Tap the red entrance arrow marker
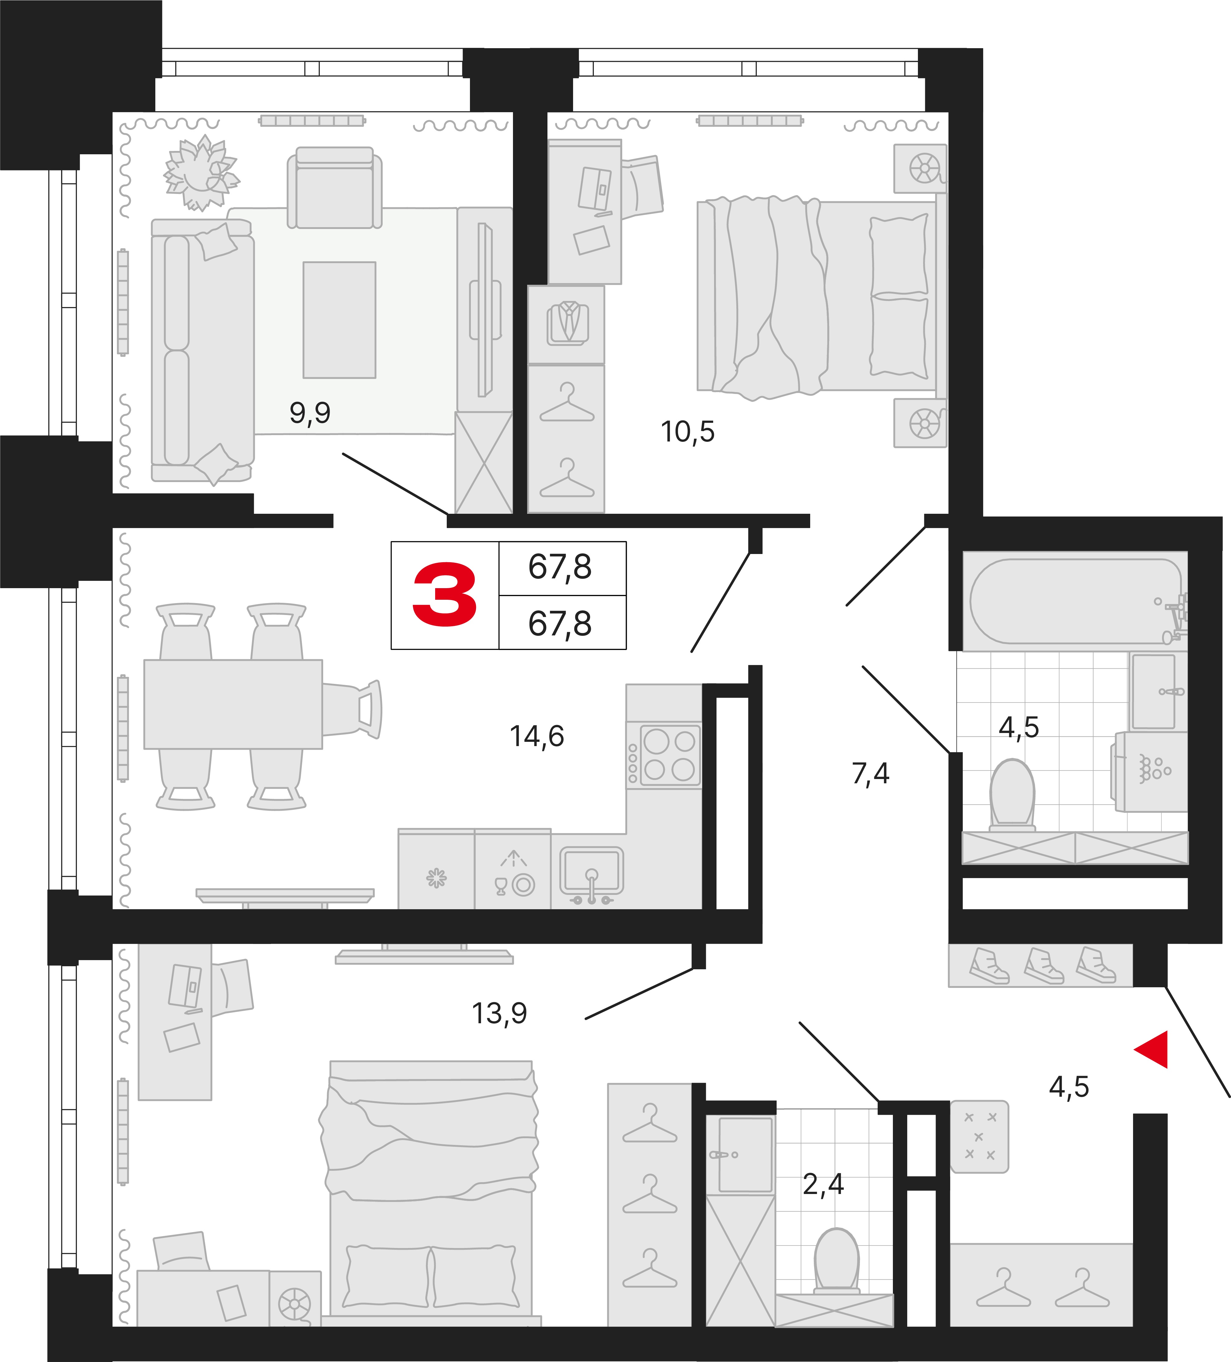pos(1153,1049)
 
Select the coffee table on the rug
pos(339,320)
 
